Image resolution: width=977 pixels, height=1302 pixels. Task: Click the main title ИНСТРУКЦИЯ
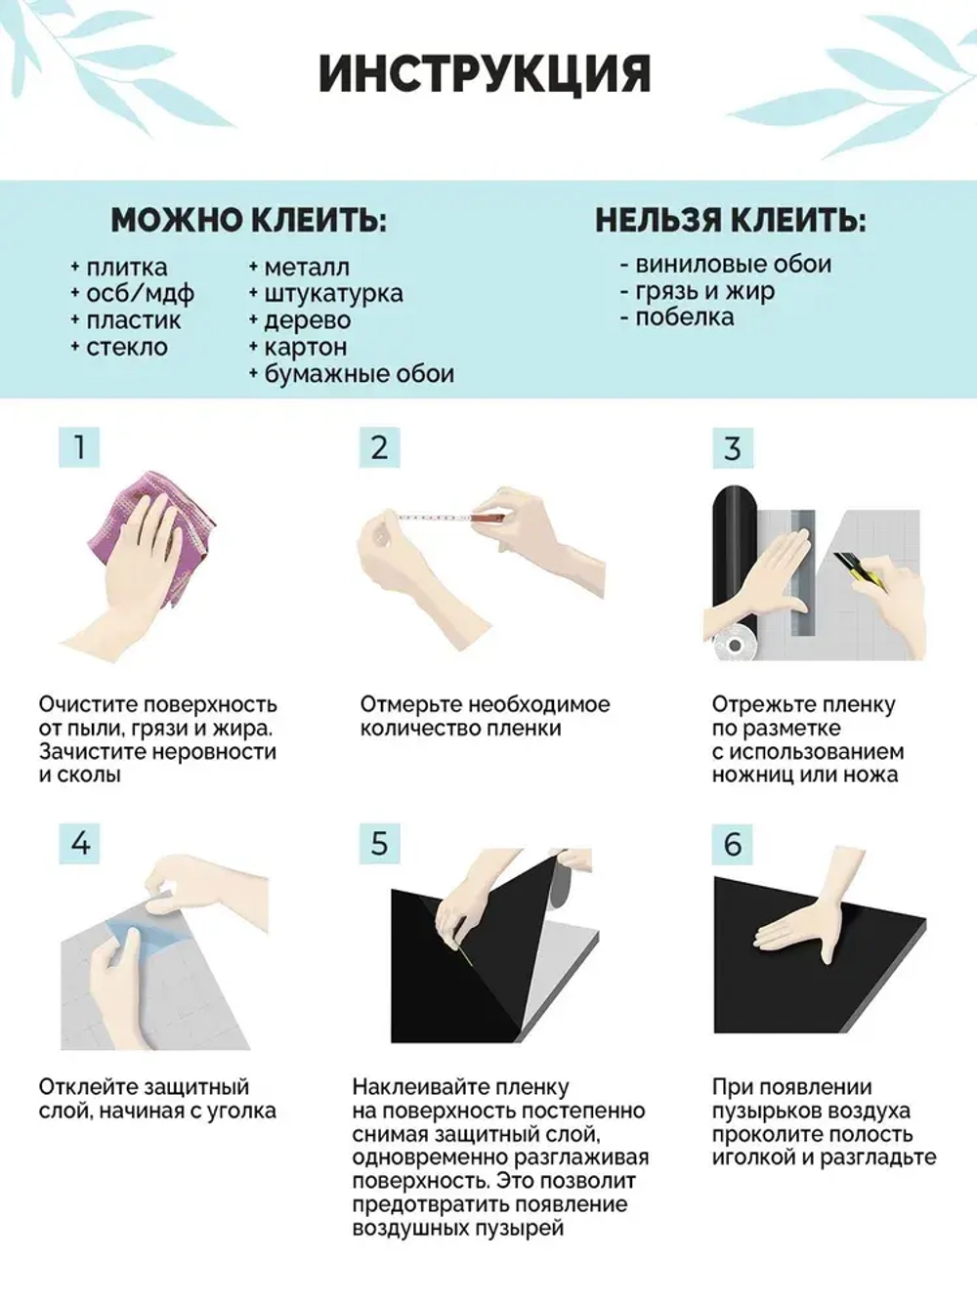[x=485, y=74]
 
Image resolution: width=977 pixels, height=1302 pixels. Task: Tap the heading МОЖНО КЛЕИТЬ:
[x=248, y=220]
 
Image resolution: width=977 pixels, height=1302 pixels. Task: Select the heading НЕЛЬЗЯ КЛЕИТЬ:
[x=730, y=220]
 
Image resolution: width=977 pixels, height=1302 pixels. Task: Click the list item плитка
[x=126, y=268]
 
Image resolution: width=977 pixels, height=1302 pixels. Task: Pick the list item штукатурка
[x=333, y=294]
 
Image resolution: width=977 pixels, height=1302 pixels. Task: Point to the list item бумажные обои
[x=359, y=374]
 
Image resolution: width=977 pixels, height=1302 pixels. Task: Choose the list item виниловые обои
[x=733, y=265]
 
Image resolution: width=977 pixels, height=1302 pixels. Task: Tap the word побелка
[x=684, y=317]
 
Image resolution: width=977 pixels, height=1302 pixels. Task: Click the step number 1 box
[x=79, y=447]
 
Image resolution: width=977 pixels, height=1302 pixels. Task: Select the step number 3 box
[x=732, y=448]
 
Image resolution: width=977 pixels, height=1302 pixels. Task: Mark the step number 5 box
[x=379, y=842]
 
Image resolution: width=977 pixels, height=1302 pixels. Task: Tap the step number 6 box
[x=732, y=844]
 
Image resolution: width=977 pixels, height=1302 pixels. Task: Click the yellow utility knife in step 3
[x=860, y=571]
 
